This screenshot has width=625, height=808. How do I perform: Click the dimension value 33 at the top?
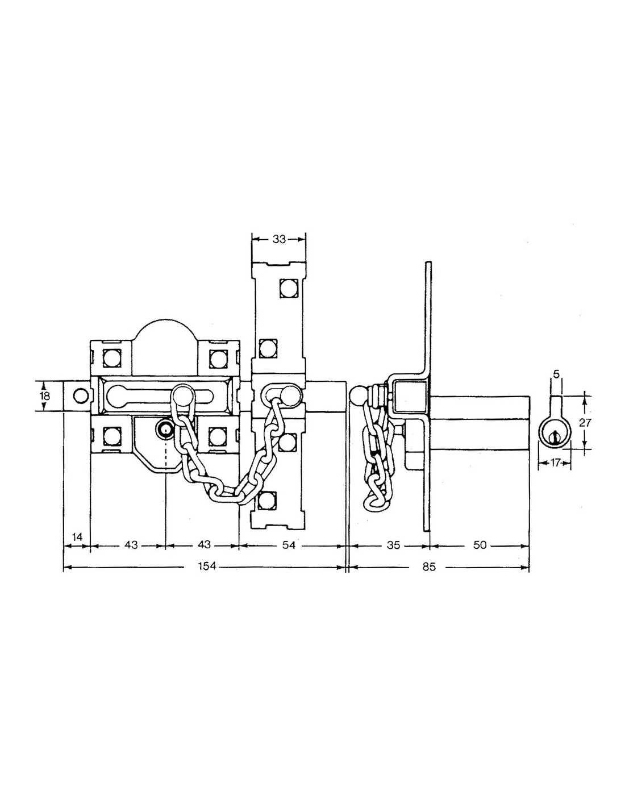pyautogui.click(x=279, y=239)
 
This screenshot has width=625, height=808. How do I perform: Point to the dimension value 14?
pyautogui.click(x=77, y=536)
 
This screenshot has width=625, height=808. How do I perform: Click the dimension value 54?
pyautogui.click(x=289, y=545)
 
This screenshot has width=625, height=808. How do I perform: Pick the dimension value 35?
pyautogui.click(x=393, y=545)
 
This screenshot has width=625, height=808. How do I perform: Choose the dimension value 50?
pyautogui.click(x=480, y=545)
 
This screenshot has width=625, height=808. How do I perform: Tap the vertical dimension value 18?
pyautogui.click(x=45, y=395)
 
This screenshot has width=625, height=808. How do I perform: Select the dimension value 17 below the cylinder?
pyautogui.click(x=555, y=463)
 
